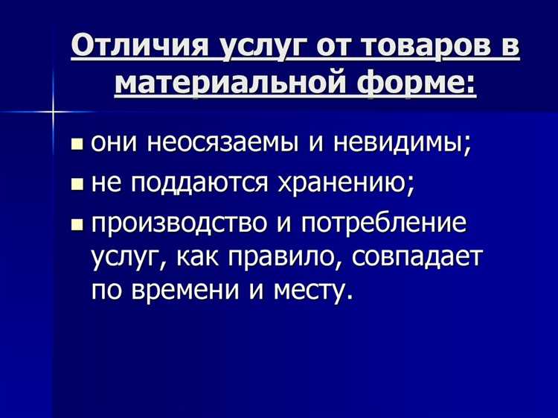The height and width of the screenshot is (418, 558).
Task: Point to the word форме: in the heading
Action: pyautogui.click(x=423, y=82)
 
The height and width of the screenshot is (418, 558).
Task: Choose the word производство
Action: pyautogui.click(x=183, y=222)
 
